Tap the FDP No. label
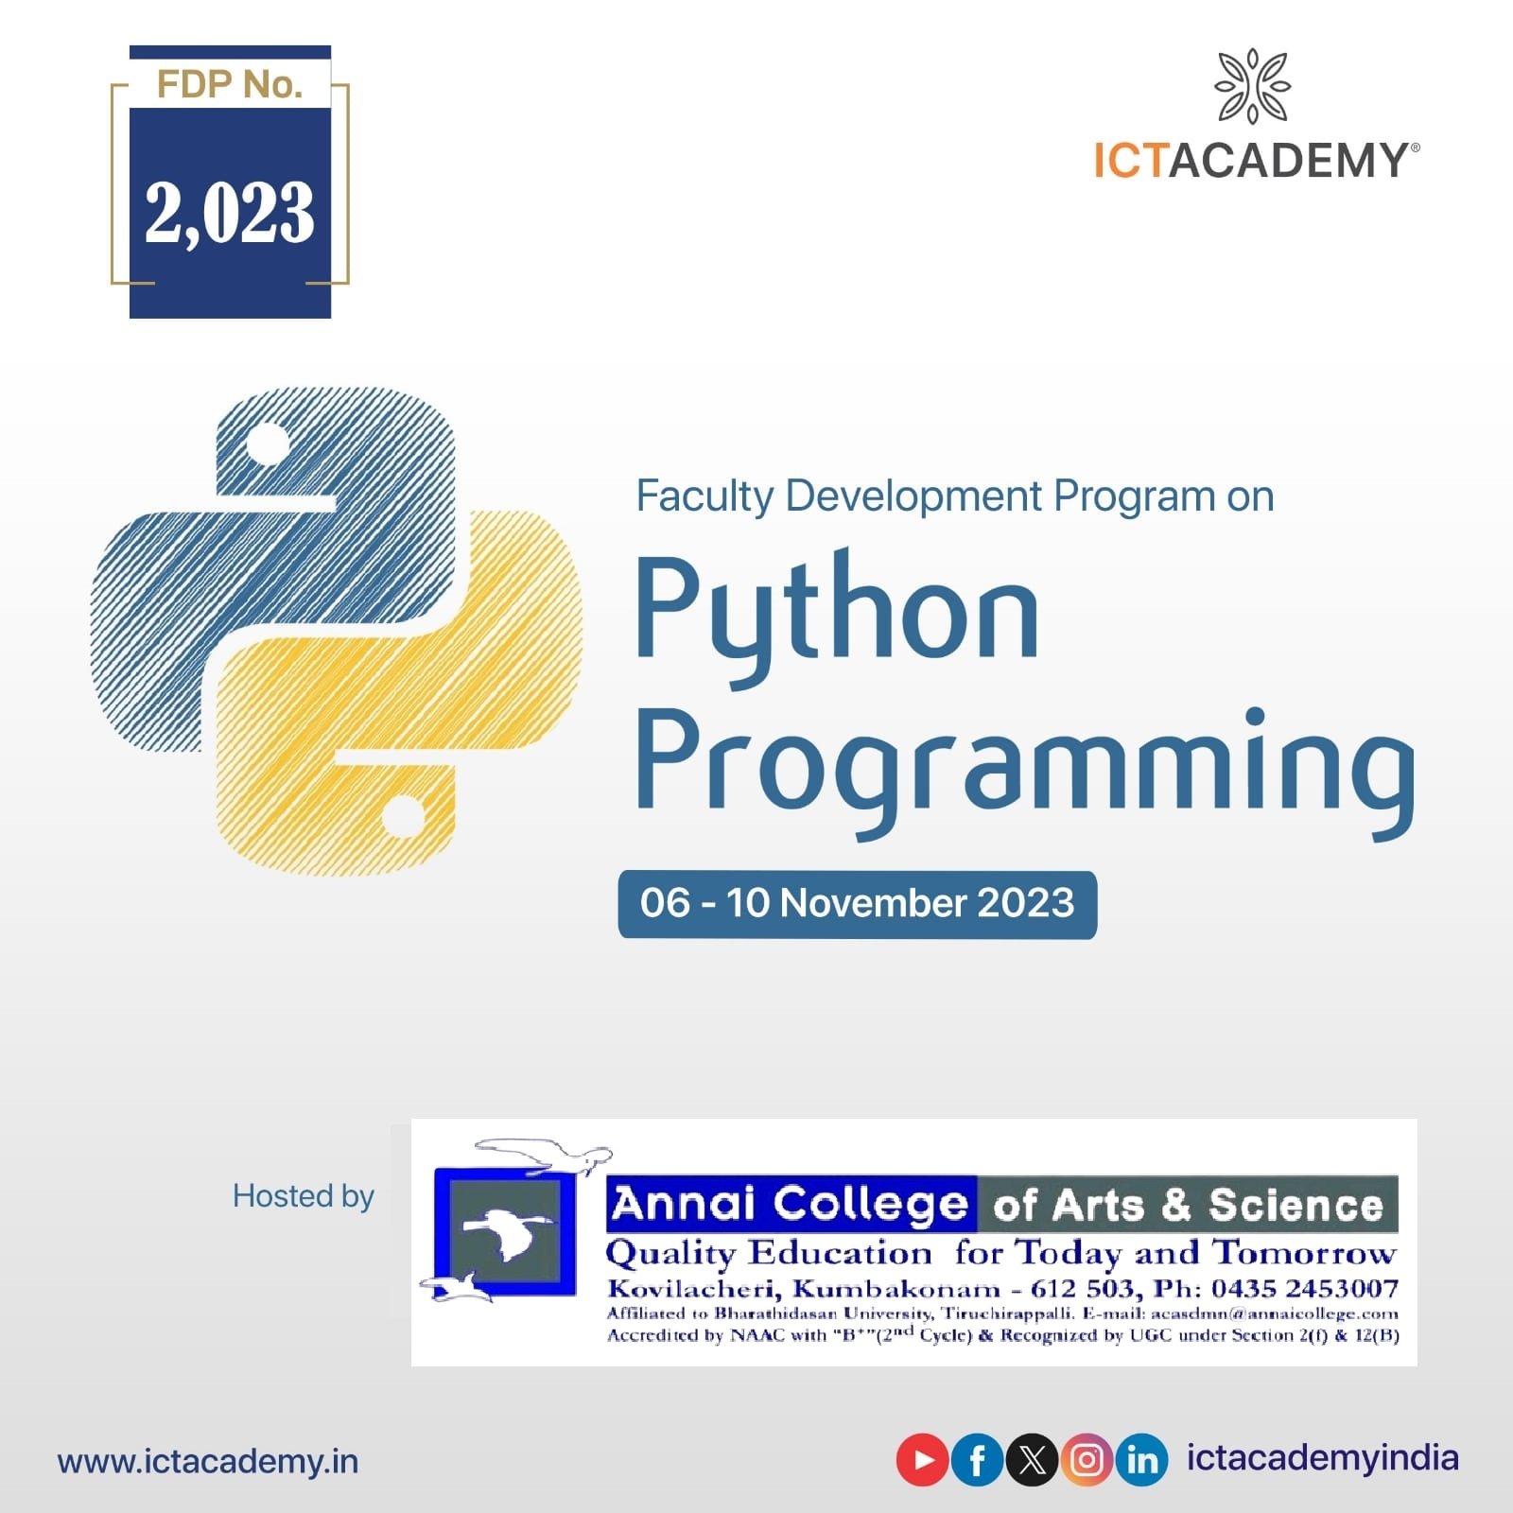tap(230, 85)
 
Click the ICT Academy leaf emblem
tap(1253, 86)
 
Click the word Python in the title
tap(837, 611)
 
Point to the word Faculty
tap(704, 497)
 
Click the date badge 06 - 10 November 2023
tap(858, 904)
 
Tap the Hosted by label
tap(304, 1196)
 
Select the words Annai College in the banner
tap(791, 1204)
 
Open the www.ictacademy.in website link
tap(208, 1461)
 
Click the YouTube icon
tap(922, 1460)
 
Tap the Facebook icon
tap(977, 1460)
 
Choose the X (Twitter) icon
tap(1032, 1460)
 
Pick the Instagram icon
tap(1087, 1460)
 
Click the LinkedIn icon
tap(1141, 1460)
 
